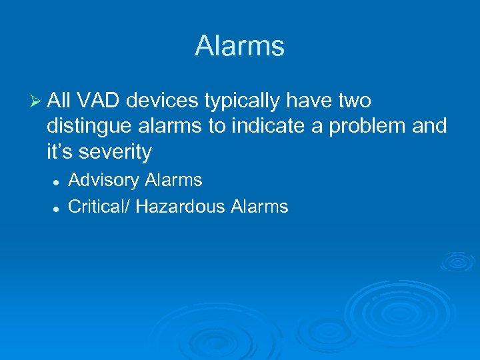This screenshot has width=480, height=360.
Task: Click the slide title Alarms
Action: click(239, 46)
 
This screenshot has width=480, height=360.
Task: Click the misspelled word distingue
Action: click(88, 127)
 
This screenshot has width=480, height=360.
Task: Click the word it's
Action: click(61, 152)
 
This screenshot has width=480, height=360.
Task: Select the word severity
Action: click(115, 153)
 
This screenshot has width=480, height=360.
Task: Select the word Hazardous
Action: click(181, 207)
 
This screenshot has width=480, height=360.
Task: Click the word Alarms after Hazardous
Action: click(259, 207)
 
